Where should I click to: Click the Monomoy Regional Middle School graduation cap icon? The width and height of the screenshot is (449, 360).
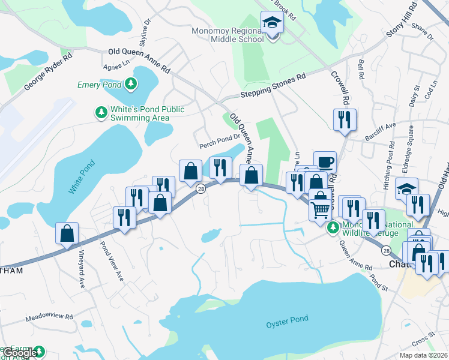point(272,23)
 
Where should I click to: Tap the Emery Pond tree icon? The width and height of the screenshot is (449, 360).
point(130,85)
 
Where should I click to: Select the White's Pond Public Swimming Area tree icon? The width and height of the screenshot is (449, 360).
point(101,112)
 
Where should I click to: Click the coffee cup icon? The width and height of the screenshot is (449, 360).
point(325,162)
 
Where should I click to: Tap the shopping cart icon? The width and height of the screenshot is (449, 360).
point(321,209)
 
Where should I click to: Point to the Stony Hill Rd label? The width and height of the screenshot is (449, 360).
point(402,21)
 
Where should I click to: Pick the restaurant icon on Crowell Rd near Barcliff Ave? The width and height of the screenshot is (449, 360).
point(345,119)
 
